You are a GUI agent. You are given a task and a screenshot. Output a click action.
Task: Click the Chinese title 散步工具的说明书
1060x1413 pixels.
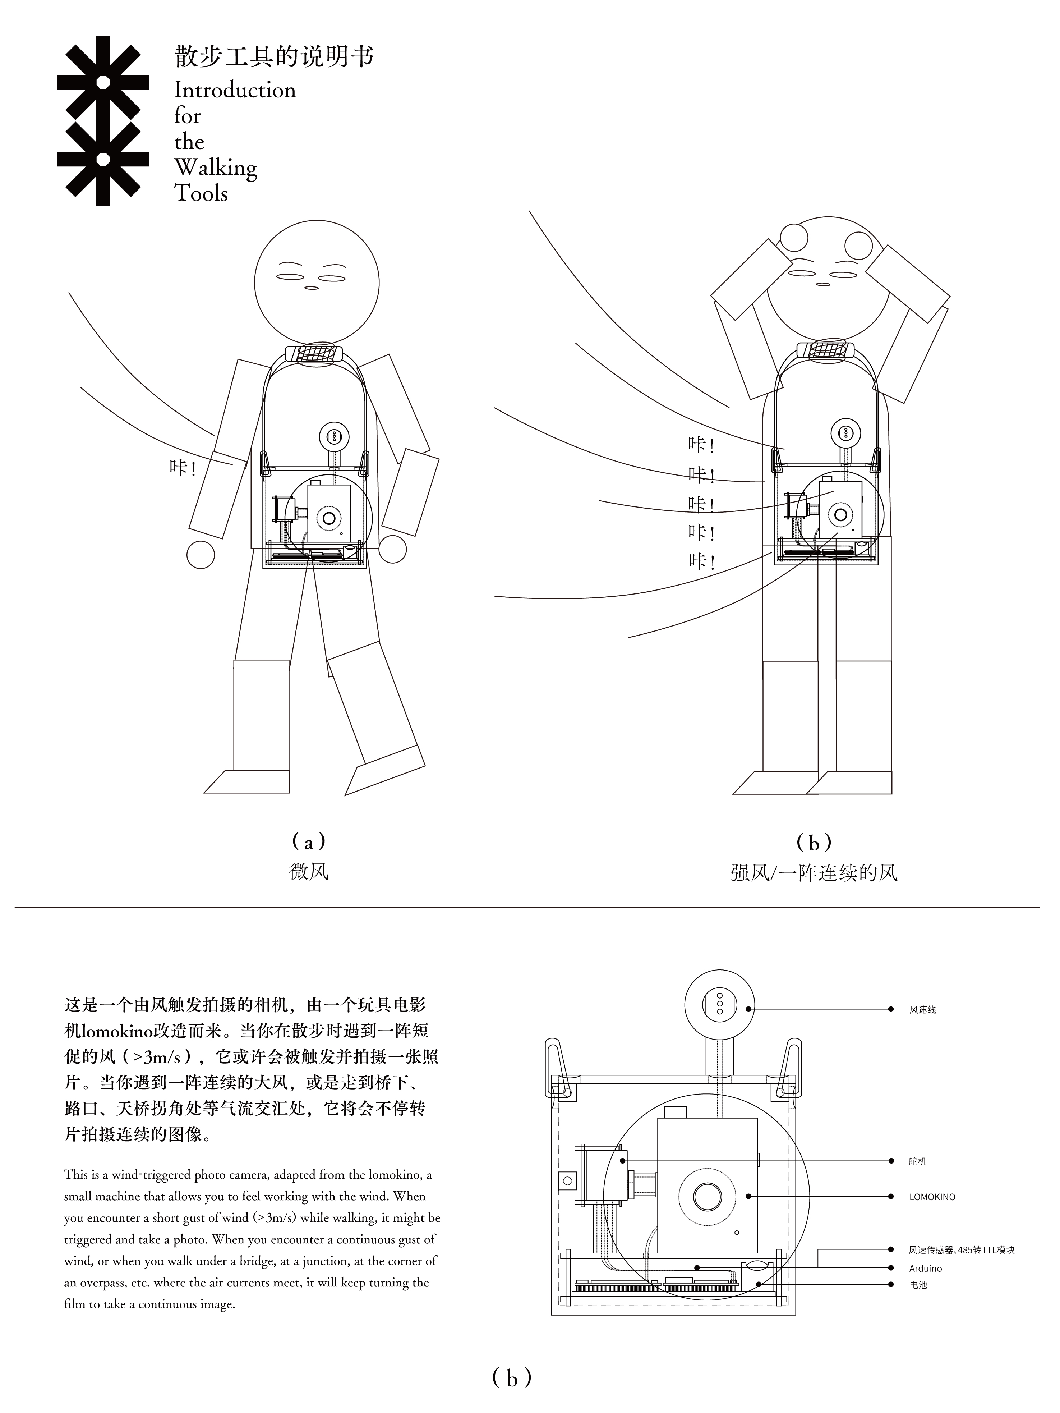pos(274,57)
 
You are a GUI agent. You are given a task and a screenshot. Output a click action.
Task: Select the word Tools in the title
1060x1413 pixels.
pos(201,193)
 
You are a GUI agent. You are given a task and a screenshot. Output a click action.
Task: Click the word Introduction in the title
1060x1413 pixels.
pos(235,90)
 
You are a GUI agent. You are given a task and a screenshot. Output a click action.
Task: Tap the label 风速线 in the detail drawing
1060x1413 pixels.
pos(923,1010)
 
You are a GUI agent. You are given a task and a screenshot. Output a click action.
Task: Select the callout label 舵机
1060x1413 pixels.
pos(918,1161)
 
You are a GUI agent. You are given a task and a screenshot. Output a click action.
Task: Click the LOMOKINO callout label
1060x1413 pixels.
pos(932,1197)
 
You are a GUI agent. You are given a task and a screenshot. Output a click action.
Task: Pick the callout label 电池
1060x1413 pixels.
pos(918,1285)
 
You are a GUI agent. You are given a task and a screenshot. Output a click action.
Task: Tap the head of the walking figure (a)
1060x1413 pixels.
pos(317,282)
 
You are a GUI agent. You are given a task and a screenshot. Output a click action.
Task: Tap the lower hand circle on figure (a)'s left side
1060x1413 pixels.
pos(201,555)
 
